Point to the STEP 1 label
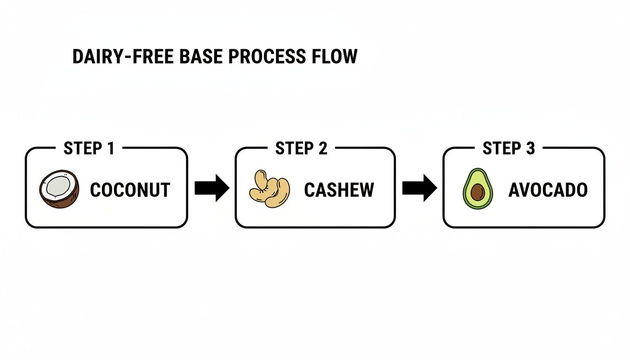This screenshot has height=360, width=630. pyautogui.click(x=89, y=149)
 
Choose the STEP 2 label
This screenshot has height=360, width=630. pyautogui.click(x=301, y=149)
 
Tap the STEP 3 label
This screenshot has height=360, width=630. pyautogui.click(x=509, y=149)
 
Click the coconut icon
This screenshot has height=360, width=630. pyautogui.click(x=58, y=189)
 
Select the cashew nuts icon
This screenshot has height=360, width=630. pyautogui.click(x=269, y=189)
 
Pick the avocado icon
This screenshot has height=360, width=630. pyautogui.click(x=478, y=189)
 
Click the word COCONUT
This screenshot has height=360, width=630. pyautogui.click(x=130, y=190)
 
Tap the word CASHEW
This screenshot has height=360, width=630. pyautogui.click(x=339, y=190)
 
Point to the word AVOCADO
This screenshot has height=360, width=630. pyautogui.click(x=547, y=190)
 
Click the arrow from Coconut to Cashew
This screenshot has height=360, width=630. pyautogui.click(x=211, y=188)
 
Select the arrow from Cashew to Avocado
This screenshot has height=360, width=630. pyautogui.click(x=420, y=188)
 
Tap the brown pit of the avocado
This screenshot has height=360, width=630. pyautogui.click(x=478, y=192)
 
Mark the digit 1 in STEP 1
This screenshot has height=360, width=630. pyautogui.click(x=111, y=149)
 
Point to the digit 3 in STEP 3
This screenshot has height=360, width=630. pyautogui.click(x=530, y=149)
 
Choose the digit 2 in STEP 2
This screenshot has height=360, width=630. pyautogui.click(x=322, y=149)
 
